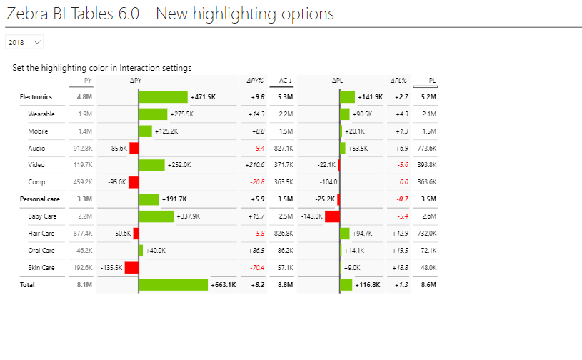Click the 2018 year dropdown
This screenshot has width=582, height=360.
(24, 43)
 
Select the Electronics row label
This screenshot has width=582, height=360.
(36, 97)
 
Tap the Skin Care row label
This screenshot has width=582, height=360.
(41, 268)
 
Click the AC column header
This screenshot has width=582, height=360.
(284, 81)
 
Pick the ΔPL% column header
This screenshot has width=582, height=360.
(398, 81)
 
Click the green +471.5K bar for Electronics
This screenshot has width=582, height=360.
(163, 97)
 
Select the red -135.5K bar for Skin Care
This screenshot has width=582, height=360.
(131, 268)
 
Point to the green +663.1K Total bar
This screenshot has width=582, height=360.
(174, 285)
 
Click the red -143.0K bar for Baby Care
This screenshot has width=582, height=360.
(332, 216)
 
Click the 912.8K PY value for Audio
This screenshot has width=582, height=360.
(83, 149)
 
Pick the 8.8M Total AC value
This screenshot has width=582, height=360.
(285, 285)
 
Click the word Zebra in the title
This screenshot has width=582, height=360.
(29, 14)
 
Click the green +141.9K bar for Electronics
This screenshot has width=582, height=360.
(348, 97)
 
